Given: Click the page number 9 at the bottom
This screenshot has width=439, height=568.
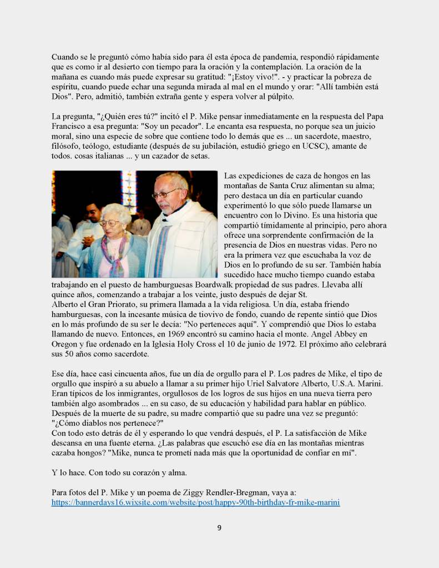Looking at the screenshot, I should coord(219,527).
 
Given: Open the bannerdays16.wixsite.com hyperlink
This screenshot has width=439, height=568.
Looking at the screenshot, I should coord(195,502).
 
